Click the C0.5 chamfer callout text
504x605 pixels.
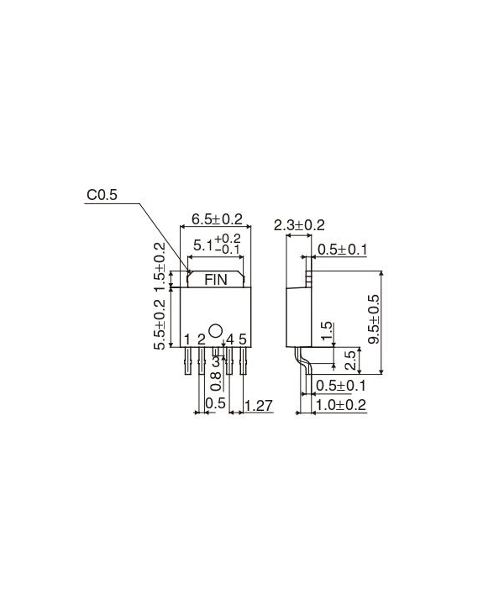point(103,195)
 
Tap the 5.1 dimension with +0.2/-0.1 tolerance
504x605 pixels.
point(215,245)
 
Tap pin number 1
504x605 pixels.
point(186,339)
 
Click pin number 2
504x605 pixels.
point(201,339)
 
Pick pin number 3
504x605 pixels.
point(216,360)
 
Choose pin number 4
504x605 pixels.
point(229,339)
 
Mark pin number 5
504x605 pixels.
point(243,339)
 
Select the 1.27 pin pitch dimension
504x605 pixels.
point(259,406)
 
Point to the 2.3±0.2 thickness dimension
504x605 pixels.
point(299,225)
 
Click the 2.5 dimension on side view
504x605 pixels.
point(350,360)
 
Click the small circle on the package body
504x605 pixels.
point(215,330)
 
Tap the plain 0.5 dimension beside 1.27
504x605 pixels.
point(215,404)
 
